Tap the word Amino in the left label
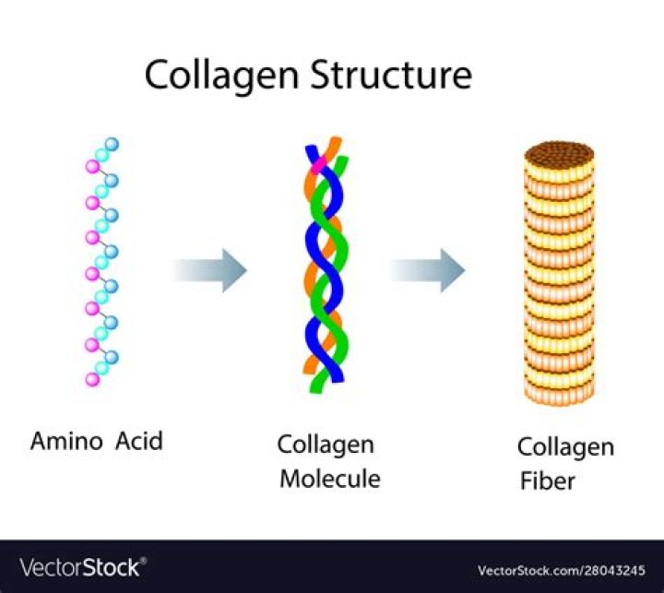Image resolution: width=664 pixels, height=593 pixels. (x=68, y=441)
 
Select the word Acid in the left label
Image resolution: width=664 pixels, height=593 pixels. (x=139, y=441)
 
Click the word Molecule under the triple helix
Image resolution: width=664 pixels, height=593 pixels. (x=330, y=480)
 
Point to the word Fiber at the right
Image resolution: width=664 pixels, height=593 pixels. (x=546, y=481)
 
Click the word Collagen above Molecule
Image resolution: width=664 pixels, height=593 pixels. (x=326, y=445)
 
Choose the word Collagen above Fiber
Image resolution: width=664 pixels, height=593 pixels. (x=565, y=447)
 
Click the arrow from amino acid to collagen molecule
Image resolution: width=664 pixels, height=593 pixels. (x=210, y=270)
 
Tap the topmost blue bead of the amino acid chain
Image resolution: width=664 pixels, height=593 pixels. (x=113, y=145)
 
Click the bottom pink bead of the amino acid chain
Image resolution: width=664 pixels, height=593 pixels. (x=91, y=379)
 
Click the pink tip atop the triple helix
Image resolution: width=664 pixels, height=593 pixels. (x=320, y=166)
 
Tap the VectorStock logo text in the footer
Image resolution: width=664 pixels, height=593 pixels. (x=79, y=566)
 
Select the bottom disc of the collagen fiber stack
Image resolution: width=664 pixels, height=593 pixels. (x=559, y=393)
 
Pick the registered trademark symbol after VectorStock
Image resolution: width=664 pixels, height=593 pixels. (x=143, y=560)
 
